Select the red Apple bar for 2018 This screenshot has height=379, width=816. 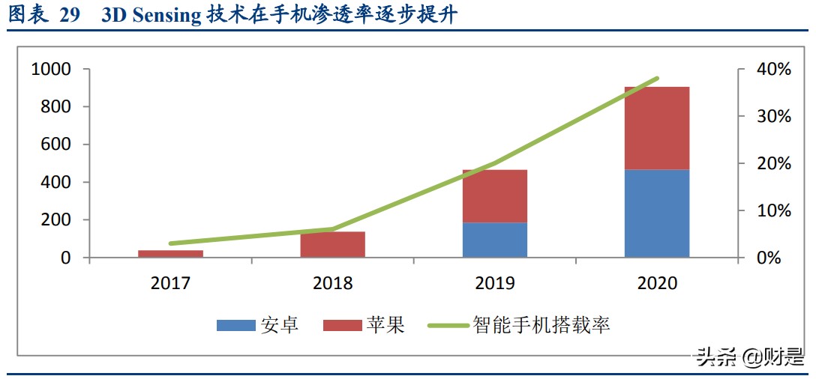[x=332, y=245]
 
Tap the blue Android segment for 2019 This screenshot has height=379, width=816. [x=494, y=240]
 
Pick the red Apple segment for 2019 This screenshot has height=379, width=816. [x=494, y=196]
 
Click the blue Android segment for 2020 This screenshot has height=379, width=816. [x=656, y=213]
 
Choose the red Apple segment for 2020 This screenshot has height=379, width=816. [x=656, y=128]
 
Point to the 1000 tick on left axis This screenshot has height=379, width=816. [x=51, y=69]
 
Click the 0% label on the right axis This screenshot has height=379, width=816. [x=768, y=258]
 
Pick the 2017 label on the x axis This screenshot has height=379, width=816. [x=170, y=283]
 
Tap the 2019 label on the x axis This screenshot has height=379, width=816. [x=494, y=283]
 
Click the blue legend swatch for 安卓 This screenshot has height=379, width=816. [x=235, y=325]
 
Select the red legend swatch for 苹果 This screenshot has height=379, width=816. [x=343, y=325]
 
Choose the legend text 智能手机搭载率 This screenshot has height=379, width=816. [x=541, y=325]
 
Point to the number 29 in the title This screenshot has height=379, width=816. [x=69, y=16]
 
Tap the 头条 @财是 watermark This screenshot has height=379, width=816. [x=750, y=357]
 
